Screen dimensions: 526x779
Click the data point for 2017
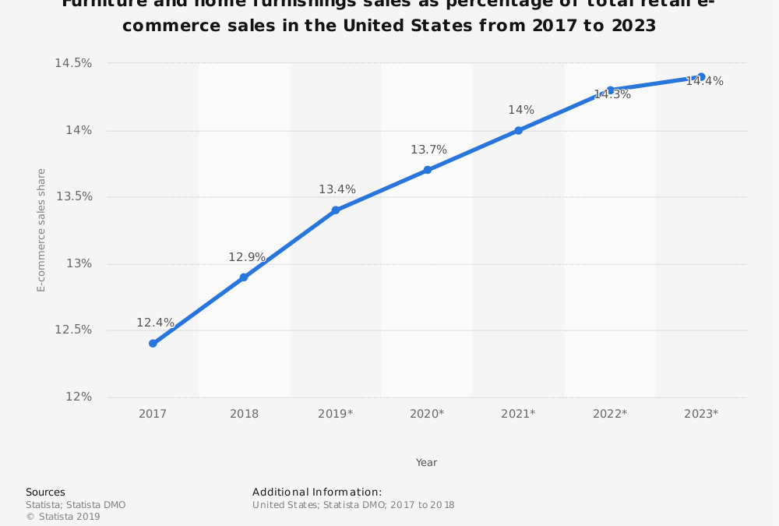click(x=153, y=344)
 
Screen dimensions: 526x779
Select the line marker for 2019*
click(x=336, y=210)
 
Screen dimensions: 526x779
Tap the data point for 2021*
click(x=518, y=130)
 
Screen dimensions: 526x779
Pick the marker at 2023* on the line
click(x=701, y=76)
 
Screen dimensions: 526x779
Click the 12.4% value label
click(x=155, y=323)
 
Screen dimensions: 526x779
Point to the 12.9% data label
click(x=246, y=257)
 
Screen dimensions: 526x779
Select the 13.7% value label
click(x=428, y=150)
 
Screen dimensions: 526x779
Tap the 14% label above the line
click(x=521, y=110)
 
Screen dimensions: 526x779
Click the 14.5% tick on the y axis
click(x=73, y=63)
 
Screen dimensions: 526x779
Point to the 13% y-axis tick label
click(x=79, y=263)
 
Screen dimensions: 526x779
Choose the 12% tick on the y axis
click(x=79, y=397)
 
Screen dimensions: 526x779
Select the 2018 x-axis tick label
click(x=244, y=414)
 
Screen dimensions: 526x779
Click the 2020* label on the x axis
click(x=427, y=414)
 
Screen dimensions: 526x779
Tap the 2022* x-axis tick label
click(x=609, y=414)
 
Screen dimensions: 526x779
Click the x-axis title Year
click(x=426, y=463)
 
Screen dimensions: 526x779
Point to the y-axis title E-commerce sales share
click(x=41, y=230)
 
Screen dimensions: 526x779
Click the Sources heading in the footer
click(x=45, y=492)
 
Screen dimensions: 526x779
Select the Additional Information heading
click(x=317, y=492)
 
